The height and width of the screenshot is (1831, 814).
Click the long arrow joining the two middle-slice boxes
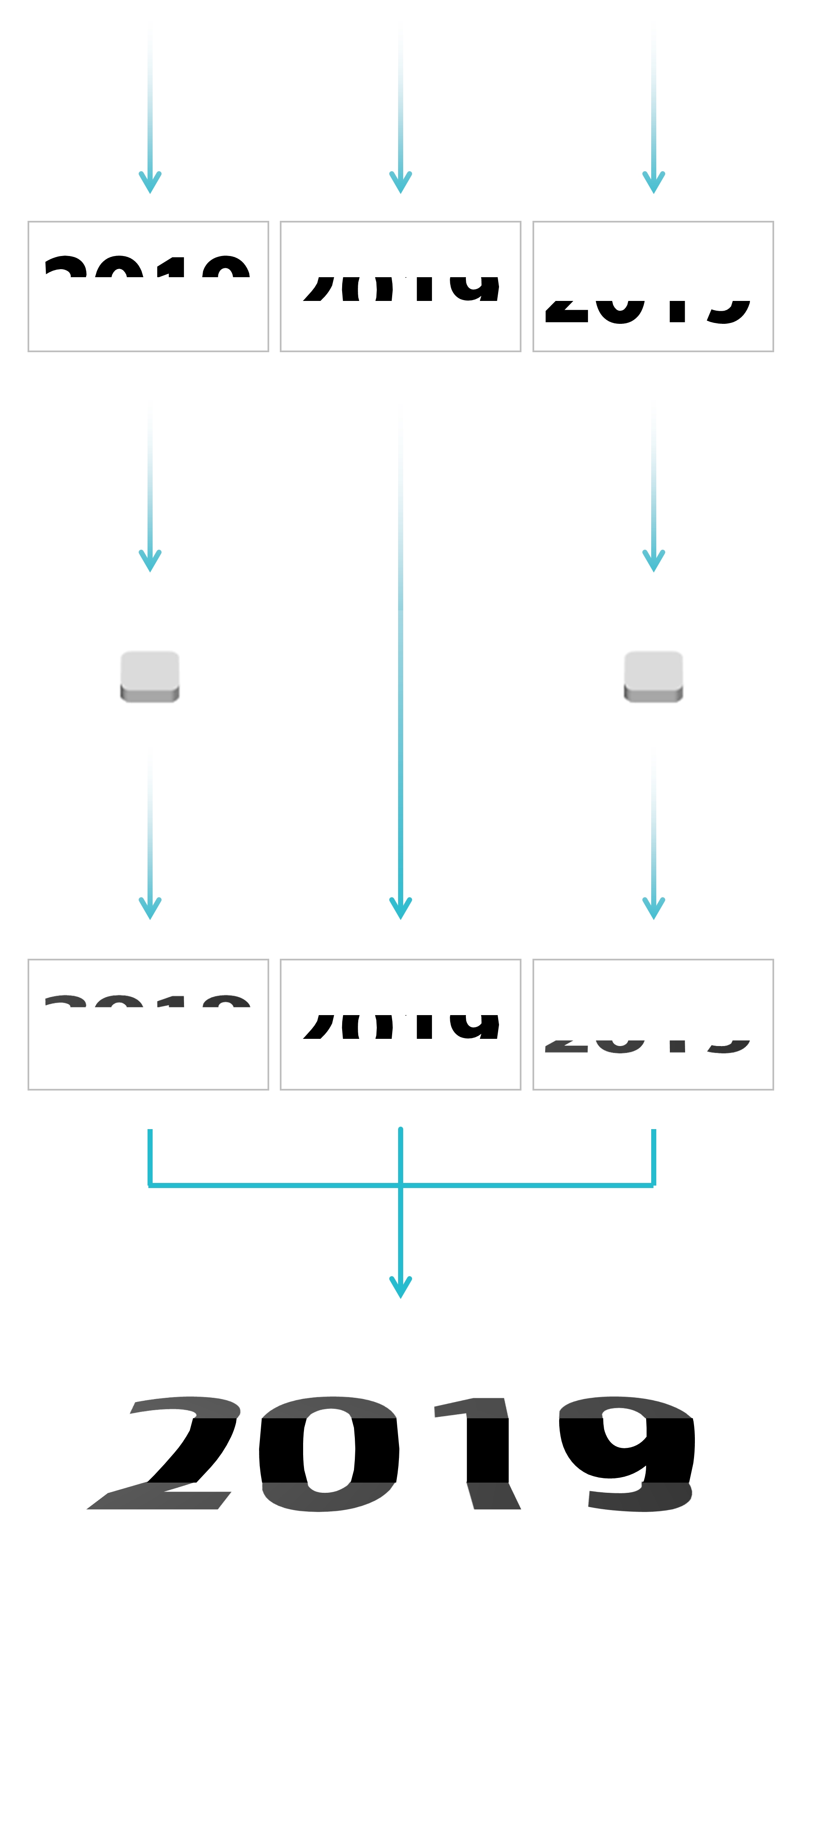(x=400, y=711)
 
